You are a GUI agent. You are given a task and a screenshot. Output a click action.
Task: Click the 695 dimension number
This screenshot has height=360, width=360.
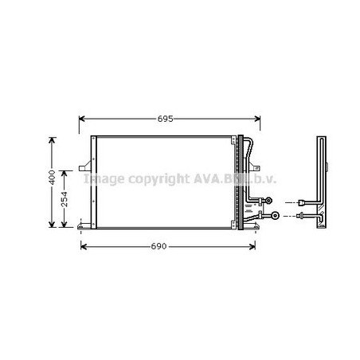[165, 119]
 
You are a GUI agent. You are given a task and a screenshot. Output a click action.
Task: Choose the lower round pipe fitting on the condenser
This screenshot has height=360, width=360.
[276, 215]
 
